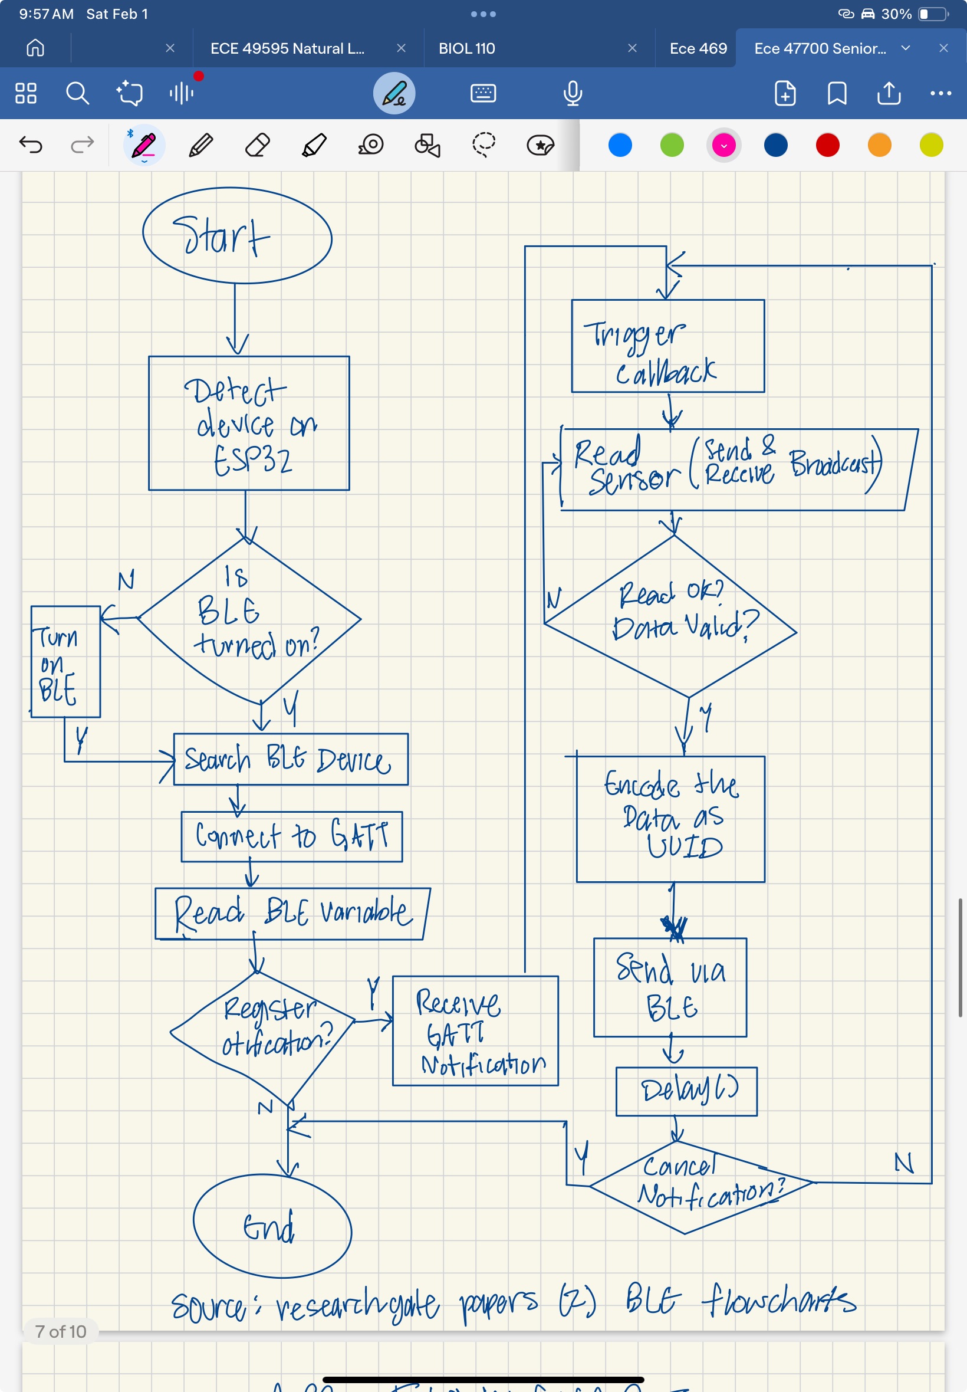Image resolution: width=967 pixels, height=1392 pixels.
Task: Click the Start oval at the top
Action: tap(237, 235)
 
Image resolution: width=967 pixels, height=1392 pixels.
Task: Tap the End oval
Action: tap(272, 1225)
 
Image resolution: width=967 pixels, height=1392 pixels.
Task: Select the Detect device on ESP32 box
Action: tap(248, 423)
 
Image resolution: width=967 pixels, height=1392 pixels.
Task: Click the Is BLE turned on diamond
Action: tap(249, 619)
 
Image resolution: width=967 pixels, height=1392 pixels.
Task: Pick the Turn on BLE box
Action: tap(65, 662)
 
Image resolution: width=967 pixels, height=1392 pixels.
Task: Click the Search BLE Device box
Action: tap(290, 759)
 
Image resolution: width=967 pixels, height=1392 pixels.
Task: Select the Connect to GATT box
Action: tap(291, 836)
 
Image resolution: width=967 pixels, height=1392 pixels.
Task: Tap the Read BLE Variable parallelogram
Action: tap(292, 913)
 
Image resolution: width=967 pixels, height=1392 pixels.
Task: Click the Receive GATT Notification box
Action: tap(475, 1030)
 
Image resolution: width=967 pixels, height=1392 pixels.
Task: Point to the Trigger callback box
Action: tap(667, 346)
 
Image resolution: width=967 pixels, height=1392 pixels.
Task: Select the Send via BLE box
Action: tap(669, 987)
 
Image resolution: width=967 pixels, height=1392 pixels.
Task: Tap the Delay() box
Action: tap(686, 1091)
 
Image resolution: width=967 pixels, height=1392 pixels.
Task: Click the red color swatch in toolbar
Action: tap(827, 145)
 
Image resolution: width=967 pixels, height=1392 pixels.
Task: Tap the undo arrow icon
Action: tap(31, 145)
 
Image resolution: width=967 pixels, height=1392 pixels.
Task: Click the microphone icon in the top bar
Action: tap(572, 93)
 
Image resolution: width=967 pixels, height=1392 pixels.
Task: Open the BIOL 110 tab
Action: tap(466, 48)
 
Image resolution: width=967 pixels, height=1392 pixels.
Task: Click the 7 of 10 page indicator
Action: tap(61, 1331)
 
